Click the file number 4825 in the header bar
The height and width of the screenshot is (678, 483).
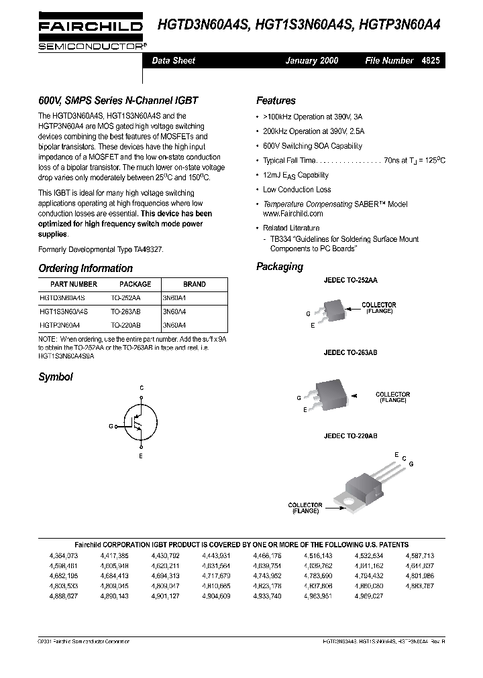tap(431, 60)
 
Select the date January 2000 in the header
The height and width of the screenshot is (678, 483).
tap(312, 60)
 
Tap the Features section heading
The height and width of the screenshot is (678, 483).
tap(276, 100)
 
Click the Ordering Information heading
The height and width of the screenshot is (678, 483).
tap(85, 268)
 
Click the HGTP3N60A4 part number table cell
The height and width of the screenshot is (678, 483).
tap(60, 325)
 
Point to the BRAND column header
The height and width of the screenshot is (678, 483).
tap(195, 284)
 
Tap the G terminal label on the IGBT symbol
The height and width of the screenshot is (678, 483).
tap(111, 426)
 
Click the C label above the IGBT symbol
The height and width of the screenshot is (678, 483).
tap(141, 388)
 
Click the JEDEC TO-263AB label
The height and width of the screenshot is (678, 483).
tap(350, 352)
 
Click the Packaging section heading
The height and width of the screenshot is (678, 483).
tap(279, 267)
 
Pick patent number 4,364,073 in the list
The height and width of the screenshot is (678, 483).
tap(64, 556)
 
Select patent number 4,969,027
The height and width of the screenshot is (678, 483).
tap(369, 596)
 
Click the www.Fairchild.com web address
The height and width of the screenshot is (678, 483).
tap(292, 214)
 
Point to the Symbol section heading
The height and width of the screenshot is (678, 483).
tap(56, 377)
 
